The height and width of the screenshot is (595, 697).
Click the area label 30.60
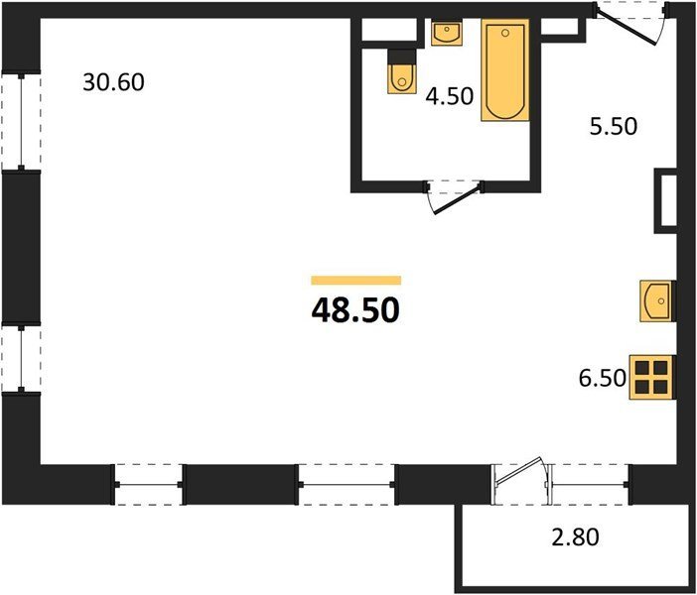(x=113, y=82)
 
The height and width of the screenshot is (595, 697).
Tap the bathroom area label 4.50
(x=450, y=96)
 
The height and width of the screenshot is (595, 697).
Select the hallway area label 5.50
(x=614, y=126)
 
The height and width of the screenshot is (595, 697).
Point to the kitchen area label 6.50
(x=603, y=378)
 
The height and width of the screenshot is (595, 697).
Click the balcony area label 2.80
(x=575, y=536)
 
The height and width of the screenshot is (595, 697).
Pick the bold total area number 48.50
(x=355, y=310)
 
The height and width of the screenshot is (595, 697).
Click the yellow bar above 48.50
(x=356, y=281)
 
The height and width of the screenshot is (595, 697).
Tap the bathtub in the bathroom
(x=505, y=70)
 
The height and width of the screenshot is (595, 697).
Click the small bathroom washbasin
(x=447, y=33)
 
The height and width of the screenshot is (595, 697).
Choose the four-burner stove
(x=651, y=378)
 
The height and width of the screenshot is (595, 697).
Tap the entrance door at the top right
(x=627, y=27)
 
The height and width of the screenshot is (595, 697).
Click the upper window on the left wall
(x=21, y=121)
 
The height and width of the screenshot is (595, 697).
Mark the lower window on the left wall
(x=21, y=358)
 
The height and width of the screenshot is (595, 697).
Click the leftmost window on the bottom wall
(x=149, y=485)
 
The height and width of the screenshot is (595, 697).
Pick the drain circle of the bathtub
(x=505, y=33)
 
